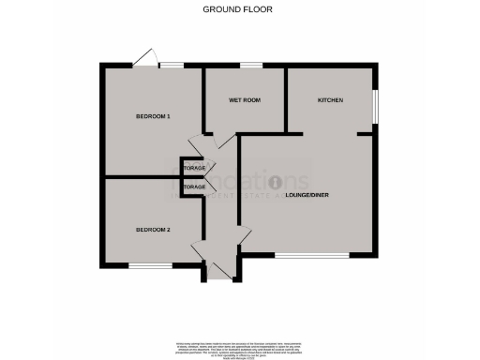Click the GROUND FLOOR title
click(239, 8)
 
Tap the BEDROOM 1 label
click(153, 116)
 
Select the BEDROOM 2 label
click(153, 230)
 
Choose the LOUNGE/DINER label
click(313, 194)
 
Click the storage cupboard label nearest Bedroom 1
click(194, 168)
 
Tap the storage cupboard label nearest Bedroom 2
click(194, 187)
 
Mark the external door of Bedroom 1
click(144, 59)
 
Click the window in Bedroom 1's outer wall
click(171, 65)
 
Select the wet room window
click(251, 65)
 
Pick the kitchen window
click(376, 105)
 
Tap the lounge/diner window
click(311, 256)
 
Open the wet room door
click(221, 142)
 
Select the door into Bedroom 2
click(198, 249)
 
